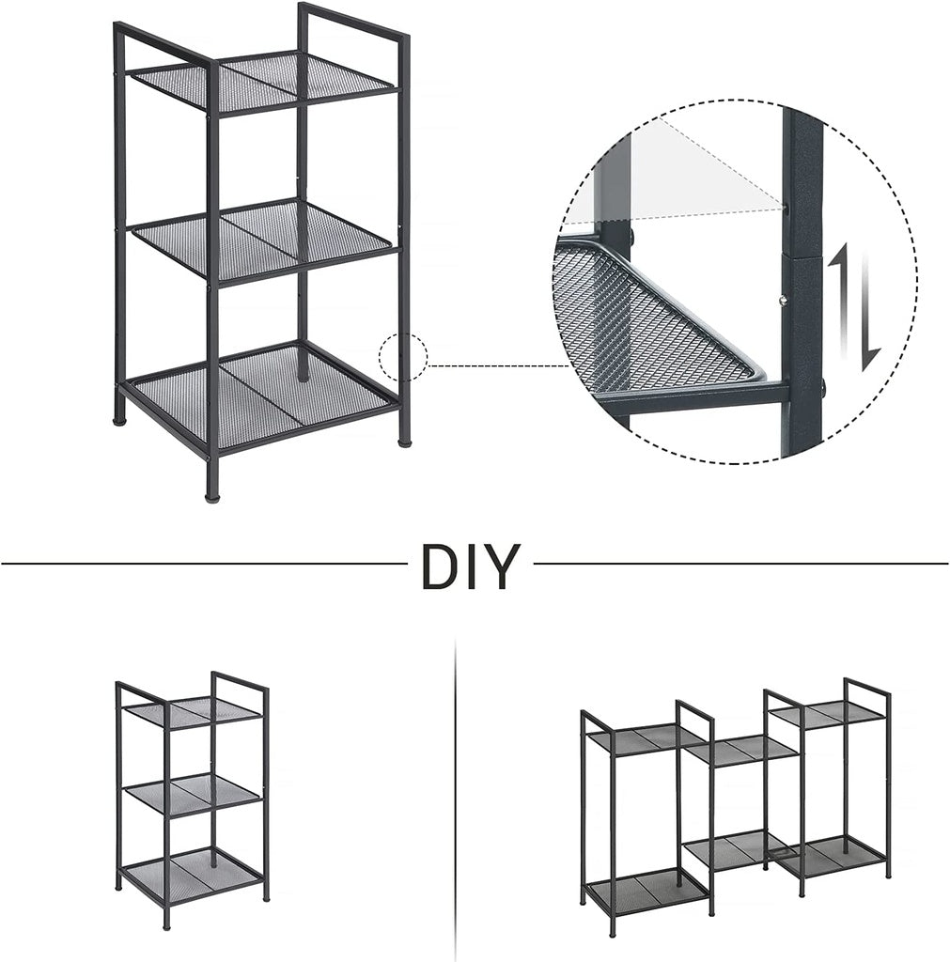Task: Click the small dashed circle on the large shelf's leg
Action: (x=404, y=358)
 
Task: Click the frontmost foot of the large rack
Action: (x=213, y=489)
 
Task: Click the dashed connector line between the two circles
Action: (x=498, y=365)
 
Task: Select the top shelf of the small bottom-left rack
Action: (x=193, y=710)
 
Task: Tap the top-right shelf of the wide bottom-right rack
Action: (x=827, y=713)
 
